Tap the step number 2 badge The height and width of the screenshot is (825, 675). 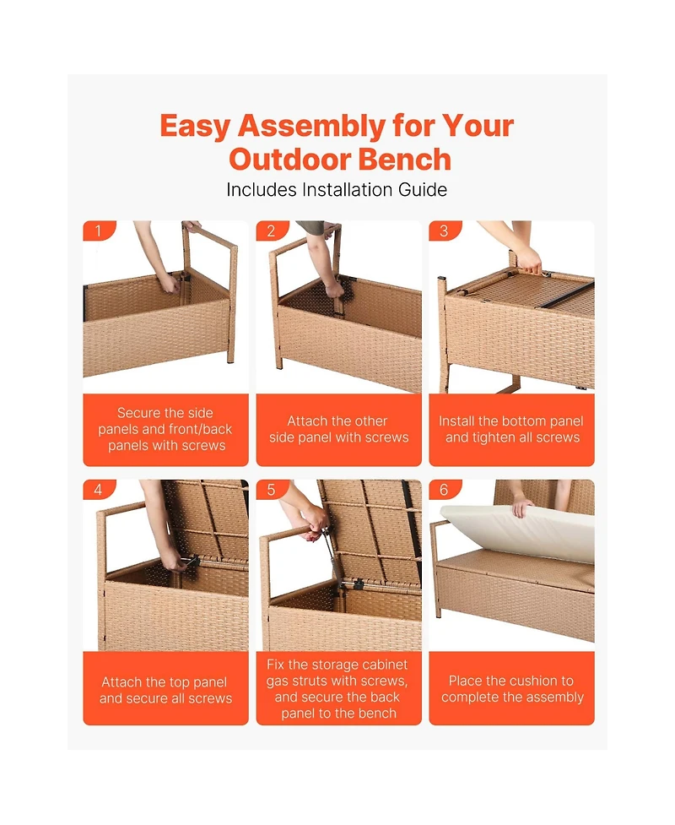(x=271, y=231)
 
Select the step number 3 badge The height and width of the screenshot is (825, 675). (x=444, y=231)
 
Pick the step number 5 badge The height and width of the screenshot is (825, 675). (x=271, y=489)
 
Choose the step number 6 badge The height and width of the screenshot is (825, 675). (x=444, y=489)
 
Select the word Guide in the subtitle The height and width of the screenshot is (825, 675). (x=423, y=189)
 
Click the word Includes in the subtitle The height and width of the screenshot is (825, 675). (x=262, y=189)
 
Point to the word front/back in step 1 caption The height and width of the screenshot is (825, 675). (x=202, y=429)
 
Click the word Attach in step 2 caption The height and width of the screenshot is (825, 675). (x=305, y=421)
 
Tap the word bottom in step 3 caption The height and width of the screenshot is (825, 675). (x=524, y=421)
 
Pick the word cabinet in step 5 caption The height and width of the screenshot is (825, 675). (x=385, y=665)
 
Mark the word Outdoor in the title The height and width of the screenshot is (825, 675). (x=288, y=160)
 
